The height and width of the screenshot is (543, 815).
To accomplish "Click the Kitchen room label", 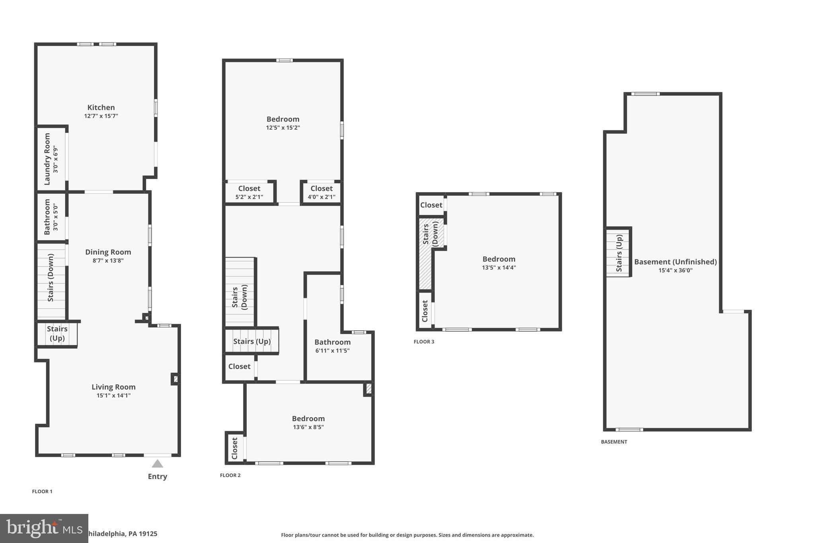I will coord(101,107).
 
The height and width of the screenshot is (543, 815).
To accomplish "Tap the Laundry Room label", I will coord(47,159).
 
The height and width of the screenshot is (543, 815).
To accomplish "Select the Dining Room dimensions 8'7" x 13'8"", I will coord(108,261).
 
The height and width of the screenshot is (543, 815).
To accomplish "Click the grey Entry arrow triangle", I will coord(158,464).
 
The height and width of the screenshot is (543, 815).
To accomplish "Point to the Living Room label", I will coord(113,387).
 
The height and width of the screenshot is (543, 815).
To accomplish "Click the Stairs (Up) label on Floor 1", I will coord(57,333).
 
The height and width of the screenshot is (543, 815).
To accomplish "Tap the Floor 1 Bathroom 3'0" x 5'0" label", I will coord(47,217).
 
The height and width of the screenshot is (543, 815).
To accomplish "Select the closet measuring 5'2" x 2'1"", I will coord(249,193).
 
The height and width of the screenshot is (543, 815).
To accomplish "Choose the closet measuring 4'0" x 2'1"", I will coord(322,193).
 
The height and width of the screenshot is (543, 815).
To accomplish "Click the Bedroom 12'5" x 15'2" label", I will coord(283,119).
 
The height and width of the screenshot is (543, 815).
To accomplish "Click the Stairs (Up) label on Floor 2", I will coord(252,341).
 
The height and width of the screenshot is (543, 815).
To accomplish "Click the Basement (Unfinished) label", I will coord(675,262).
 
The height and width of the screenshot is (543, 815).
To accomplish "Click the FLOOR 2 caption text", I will coord(230,475).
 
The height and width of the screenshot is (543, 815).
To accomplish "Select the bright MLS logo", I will coord(44,528).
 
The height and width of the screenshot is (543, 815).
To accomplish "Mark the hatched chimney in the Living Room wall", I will coord(175,379).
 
